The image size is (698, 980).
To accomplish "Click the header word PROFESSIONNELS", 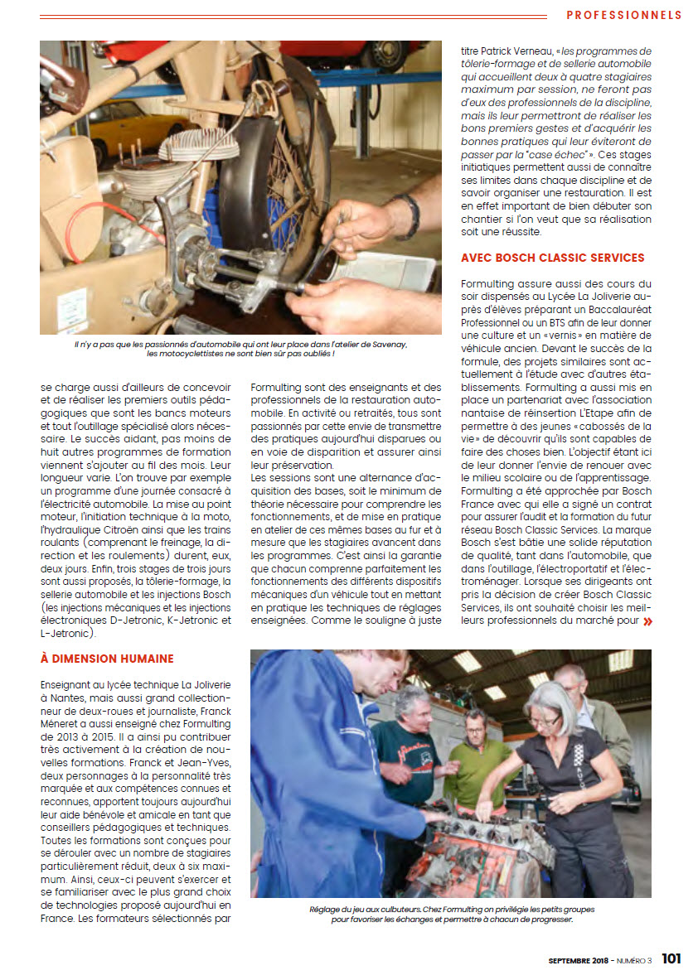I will pyautogui.click(x=623, y=15).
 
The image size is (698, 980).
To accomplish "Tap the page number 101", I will pyautogui.click(x=671, y=959).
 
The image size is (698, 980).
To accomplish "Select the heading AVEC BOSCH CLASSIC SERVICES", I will pyautogui.click(x=552, y=258).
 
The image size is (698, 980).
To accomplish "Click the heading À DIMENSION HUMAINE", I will pyautogui.click(x=107, y=659).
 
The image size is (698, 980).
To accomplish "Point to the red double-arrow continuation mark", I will pyautogui.click(x=647, y=620).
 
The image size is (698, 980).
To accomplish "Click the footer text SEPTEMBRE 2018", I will pyautogui.click(x=579, y=961).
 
